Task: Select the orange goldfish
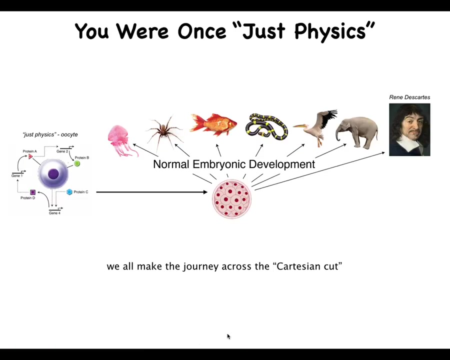coord(213,124)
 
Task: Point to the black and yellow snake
coord(266,126)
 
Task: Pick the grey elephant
coord(356,132)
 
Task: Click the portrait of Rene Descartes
coord(409,130)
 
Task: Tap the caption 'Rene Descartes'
coord(409,97)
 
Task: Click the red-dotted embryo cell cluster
coord(232,199)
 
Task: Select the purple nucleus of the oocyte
coord(53,174)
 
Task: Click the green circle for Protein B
coord(77,163)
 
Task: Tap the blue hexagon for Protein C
coord(69,192)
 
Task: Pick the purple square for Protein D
coord(32,192)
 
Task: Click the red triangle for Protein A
coord(30,156)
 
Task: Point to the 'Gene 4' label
coord(54,213)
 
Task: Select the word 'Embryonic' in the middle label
coord(219,164)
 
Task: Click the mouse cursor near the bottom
coord(228,336)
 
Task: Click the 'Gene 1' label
coord(17,175)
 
